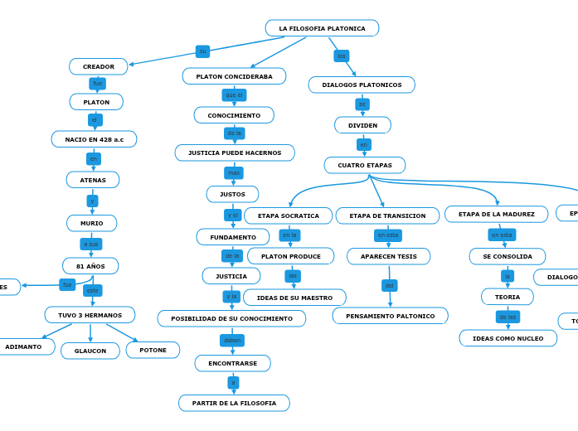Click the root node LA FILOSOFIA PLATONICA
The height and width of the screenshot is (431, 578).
pos(322,28)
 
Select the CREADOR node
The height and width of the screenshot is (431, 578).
pos(99,66)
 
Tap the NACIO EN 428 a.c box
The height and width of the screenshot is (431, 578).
pos(94,139)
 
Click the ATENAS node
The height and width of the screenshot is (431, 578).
pos(93,180)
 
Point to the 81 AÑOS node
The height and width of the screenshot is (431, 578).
pos(90,266)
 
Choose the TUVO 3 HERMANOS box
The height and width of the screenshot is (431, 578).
pos(90,315)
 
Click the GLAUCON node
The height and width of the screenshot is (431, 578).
pos(90,351)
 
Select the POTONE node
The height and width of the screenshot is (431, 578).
pos(153,350)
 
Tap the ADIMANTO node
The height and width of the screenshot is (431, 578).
pos(23,346)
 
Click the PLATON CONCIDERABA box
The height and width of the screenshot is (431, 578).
pos(234,76)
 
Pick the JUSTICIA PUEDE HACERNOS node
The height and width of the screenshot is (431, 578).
pos(235,153)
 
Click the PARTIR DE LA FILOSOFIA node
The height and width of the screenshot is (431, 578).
pos(234,403)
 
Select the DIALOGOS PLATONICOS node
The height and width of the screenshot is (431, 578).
pos(362,85)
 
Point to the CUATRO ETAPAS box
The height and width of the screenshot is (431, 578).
pos(365,165)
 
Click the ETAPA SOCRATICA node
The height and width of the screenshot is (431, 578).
pos(288,215)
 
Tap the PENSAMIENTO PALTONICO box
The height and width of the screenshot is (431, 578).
pos(390,316)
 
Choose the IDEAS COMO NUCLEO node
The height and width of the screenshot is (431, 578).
pos(508,338)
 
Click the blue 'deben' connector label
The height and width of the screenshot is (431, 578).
pos(232,340)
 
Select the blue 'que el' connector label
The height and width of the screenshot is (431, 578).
pos(234,95)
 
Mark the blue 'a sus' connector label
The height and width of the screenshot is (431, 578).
pos(91,244)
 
